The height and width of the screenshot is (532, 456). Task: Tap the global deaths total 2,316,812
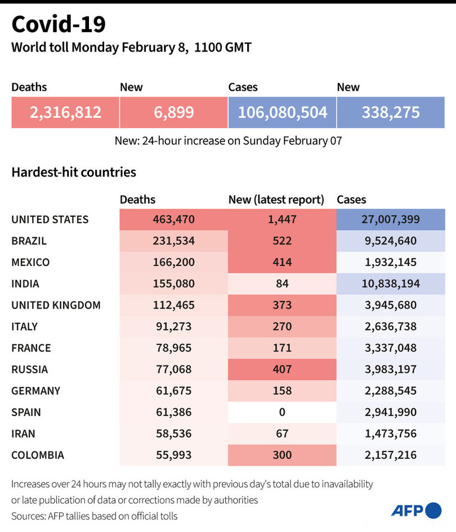point(65,112)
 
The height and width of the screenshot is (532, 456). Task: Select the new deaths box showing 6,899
point(173,112)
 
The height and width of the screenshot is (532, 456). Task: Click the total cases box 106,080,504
point(282,112)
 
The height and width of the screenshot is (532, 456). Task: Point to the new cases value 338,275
point(391,112)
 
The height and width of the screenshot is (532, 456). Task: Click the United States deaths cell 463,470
point(173,219)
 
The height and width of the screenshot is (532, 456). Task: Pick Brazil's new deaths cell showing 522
point(282,241)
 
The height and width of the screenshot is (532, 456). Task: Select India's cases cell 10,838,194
point(391,283)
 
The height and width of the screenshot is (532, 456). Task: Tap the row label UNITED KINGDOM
point(56,305)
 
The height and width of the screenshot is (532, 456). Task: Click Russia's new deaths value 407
point(282,369)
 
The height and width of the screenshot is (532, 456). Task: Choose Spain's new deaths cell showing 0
point(282,412)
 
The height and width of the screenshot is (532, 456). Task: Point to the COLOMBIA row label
point(38,455)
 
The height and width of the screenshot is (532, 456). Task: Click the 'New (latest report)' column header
point(276,200)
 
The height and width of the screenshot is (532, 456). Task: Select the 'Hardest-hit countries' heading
point(74,172)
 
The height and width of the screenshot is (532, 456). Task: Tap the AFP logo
point(417,510)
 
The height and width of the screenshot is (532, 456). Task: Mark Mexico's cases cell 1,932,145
point(391,262)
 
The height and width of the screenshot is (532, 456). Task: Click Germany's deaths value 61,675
point(173,391)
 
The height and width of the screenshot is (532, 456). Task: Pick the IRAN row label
point(24,434)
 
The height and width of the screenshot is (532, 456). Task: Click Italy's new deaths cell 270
point(282,327)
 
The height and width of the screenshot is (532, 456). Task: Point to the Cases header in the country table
point(351,200)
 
